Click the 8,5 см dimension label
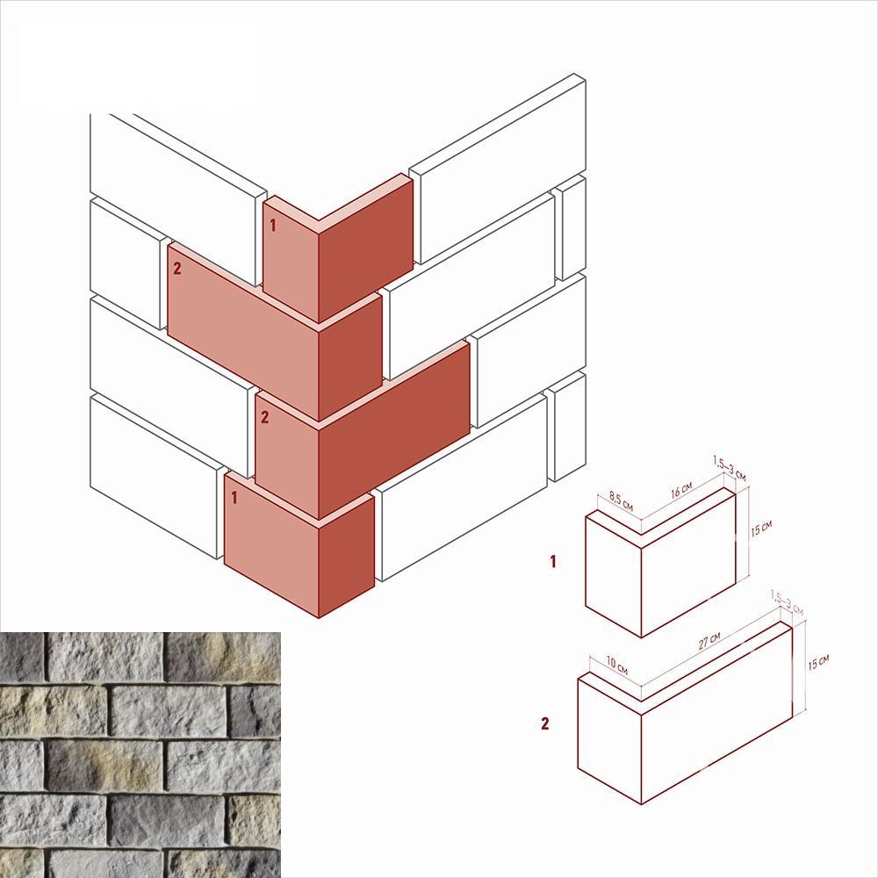tap(621, 501)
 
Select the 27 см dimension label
tap(709, 641)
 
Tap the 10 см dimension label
tap(617, 666)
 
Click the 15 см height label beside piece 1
tap(761, 528)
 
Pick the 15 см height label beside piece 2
tap(818, 662)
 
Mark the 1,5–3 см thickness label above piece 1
tap(729, 469)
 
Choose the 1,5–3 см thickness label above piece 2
tap(787, 602)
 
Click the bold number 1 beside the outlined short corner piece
tap(553, 561)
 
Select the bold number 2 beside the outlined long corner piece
tap(545, 723)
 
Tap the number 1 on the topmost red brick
tap(273, 226)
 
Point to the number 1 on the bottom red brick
tap(234, 497)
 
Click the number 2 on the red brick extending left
tap(177, 269)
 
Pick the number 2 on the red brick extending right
tap(264, 416)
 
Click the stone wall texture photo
tap(140, 755)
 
